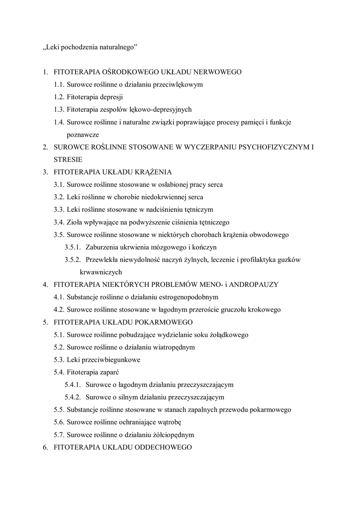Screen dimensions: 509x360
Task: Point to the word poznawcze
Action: tap(83, 134)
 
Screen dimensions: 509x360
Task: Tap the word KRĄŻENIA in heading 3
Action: tap(152, 172)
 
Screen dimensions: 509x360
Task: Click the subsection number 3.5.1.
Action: tap(73, 247)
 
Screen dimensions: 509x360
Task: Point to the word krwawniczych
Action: tap(101, 272)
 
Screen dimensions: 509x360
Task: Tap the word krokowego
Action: tap(266, 309)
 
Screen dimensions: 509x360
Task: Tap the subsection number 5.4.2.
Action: tap(73, 397)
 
